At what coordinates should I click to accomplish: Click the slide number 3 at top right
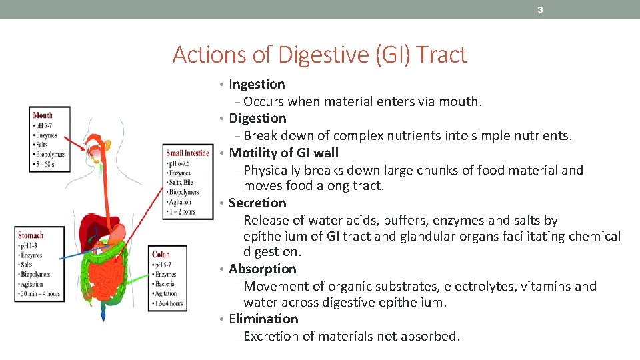coord(541,10)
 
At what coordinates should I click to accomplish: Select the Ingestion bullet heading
coord(257,85)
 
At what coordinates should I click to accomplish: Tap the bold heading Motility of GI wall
coord(283,153)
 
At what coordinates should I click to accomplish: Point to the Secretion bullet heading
coord(257,203)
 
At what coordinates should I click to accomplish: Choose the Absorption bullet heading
coord(262,269)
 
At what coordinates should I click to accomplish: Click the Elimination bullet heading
coord(263,319)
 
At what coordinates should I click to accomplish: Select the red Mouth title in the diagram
coord(43,115)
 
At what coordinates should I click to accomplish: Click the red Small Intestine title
coord(187,153)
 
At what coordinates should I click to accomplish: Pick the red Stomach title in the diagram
coord(31,235)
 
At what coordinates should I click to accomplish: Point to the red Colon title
coord(161,254)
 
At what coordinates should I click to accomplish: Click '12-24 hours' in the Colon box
coord(168,303)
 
